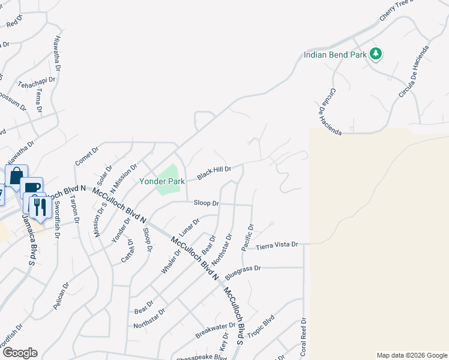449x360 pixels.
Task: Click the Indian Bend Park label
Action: click(x=335, y=55)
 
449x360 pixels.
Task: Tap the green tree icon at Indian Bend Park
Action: click(x=376, y=54)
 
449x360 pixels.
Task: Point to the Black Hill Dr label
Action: click(x=214, y=173)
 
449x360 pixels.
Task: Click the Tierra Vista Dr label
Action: click(x=277, y=246)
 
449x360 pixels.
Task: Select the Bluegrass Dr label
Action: click(x=244, y=272)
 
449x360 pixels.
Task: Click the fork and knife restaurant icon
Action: click(x=38, y=207)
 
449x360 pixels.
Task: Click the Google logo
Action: click(x=19, y=353)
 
